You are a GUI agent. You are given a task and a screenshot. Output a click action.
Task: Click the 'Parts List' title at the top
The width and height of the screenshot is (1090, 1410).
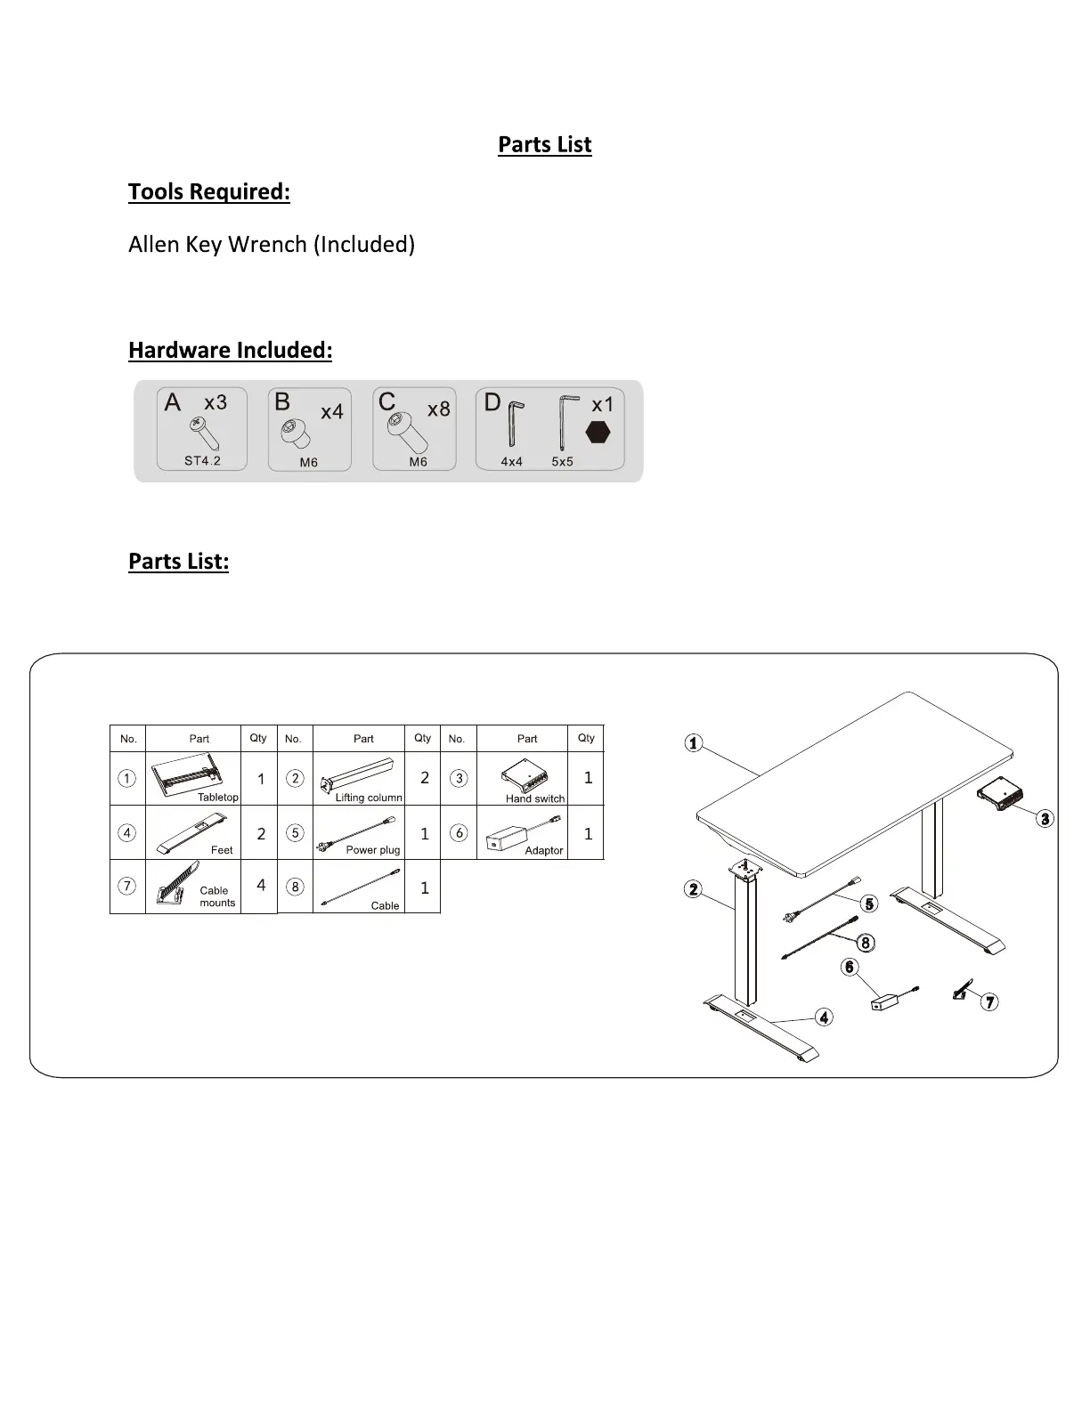(x=544, y=144)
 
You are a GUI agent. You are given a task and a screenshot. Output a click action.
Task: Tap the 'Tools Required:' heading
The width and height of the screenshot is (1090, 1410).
(x=209, y=191)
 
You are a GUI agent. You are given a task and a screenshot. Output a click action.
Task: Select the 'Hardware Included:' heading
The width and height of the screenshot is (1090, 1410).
(x=230, y=350)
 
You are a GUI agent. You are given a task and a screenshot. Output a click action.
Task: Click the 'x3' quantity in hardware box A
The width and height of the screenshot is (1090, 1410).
(x=216, y=402)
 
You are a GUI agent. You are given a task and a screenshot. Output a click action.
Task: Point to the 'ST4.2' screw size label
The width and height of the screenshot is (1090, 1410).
(x=202, y=461)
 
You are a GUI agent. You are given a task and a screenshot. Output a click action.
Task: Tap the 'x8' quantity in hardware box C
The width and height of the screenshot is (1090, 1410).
(x=439, y=409)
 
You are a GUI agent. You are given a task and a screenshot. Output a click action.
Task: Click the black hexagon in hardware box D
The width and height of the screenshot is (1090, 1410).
(x=598, y=432)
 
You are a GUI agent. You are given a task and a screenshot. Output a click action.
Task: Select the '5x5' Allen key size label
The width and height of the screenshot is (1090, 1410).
(x=562, y=462)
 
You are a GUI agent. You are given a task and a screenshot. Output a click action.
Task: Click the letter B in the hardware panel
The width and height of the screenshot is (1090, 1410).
(x=282, y=402)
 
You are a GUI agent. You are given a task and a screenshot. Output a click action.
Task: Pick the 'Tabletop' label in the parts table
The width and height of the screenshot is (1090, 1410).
(x=218, y=798)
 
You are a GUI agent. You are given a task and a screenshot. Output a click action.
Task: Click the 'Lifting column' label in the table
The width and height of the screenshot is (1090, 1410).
(x=369, y=798)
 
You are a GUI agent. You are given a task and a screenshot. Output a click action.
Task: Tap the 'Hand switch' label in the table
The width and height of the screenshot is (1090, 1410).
(x=535, y=798)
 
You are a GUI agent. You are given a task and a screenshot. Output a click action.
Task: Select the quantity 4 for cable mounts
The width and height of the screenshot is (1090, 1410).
(x=261, y=885)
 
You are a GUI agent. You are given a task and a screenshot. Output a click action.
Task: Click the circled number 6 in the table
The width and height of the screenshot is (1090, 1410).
(x=459, y=833)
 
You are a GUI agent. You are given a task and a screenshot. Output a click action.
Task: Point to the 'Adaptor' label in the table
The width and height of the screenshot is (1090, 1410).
(x=544, y=850)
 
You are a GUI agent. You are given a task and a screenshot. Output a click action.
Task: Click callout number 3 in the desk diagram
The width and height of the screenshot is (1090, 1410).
(x=1045, y=819)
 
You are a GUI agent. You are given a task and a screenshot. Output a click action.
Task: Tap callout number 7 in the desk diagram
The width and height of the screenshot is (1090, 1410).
(x=989, y=1002)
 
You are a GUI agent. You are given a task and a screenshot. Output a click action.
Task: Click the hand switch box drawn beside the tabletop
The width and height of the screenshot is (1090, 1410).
(x=1000, y=795)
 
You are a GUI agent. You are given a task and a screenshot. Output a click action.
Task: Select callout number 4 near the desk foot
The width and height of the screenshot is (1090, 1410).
(x=825, y=1017)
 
